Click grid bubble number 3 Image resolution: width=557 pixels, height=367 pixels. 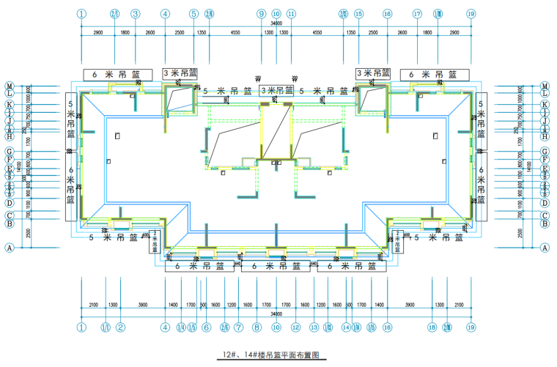click(x=136, y=14)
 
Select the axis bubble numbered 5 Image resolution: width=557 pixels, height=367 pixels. click(x=193, y=14)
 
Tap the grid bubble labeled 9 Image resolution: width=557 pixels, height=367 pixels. click(x=261, y=14)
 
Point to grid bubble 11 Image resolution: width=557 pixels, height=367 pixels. click(x=292, y=14)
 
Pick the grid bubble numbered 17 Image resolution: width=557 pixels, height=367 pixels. click(x=417, y=14)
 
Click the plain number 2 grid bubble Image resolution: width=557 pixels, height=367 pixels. click(x=122, y=327)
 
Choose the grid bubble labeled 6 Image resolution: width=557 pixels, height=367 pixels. click(x=207, y=327)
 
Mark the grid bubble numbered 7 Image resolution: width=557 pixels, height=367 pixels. click(x=239, y=327)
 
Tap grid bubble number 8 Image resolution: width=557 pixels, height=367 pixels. click(x=257, y=327)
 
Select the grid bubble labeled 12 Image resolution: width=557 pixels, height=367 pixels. click(x=295, y=327)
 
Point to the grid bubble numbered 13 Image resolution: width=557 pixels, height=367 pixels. click(x=314, y=327)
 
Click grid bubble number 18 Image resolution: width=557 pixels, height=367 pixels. click(x=432, y=327)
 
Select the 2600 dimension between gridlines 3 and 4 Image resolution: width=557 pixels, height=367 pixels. click(x=150, y=33)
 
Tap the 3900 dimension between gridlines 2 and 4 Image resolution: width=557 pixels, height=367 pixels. click(x=144, y=305)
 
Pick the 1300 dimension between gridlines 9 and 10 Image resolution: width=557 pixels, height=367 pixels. click(x=268, y=33)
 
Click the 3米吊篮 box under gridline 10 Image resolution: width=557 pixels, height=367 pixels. click(x=276, y=91)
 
